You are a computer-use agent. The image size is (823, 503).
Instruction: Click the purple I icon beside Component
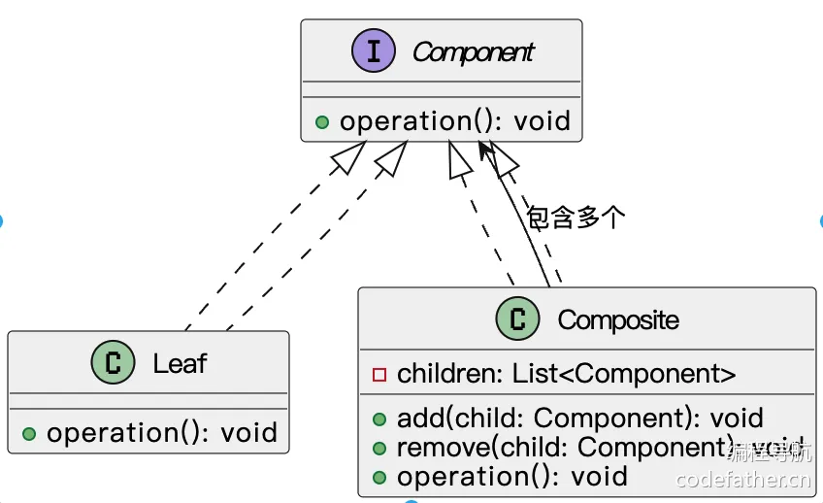[374, 51]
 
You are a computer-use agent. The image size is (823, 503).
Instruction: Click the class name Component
[473, 52]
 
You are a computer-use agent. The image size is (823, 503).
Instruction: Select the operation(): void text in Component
[454, 121]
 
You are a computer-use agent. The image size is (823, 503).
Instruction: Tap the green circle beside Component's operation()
[322, 122]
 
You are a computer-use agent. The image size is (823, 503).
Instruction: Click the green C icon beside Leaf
[113, 364]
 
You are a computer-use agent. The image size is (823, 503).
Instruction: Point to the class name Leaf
[181, 364]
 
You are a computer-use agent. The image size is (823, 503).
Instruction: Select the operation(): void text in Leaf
[162, 433]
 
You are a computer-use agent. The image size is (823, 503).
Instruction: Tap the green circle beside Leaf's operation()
[29, 434]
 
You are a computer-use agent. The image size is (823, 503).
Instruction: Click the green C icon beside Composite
[517, 319]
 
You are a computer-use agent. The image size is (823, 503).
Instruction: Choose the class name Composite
[618, 319]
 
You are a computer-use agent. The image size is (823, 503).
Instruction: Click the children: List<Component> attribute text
[566, 374]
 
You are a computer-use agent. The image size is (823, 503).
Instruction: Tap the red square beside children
[379, 375]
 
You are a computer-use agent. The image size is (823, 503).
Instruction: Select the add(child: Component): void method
[579, 419]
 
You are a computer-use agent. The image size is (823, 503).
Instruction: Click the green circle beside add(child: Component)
[379, 419]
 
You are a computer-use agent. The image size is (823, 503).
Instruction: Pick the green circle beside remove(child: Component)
[379, 449]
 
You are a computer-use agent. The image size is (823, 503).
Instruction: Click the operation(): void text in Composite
[511, 477]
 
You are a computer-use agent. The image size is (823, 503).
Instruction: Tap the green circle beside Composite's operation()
[379, 478]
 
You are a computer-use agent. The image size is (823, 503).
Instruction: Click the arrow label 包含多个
[576, 218]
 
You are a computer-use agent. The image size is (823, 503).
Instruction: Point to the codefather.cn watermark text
[742, 478]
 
